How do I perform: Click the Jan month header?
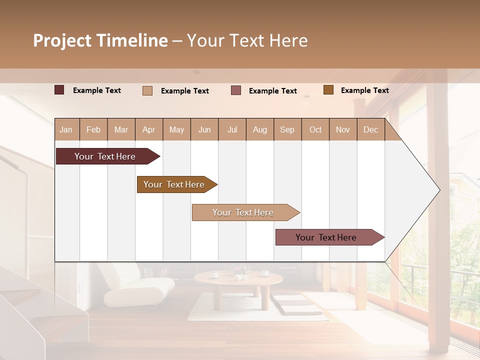tap(66, 129)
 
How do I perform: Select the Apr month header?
tap(148, 129)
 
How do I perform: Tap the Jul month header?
tap(232, 129)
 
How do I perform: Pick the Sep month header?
tap(287, 129)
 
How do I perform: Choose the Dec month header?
tap(370, 129)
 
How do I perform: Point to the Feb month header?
tap(93, 129)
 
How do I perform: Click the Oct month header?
tap(315, 129)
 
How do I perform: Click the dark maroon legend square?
tap(59, 90)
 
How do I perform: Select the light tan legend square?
tap(147, 90)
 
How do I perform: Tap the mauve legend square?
tap(236, 90)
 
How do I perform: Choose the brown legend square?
tap(328, 90)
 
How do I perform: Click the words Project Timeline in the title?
tap(100, 40)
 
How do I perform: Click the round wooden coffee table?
tap(238, 279)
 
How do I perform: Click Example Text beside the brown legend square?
tap(364, 90)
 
